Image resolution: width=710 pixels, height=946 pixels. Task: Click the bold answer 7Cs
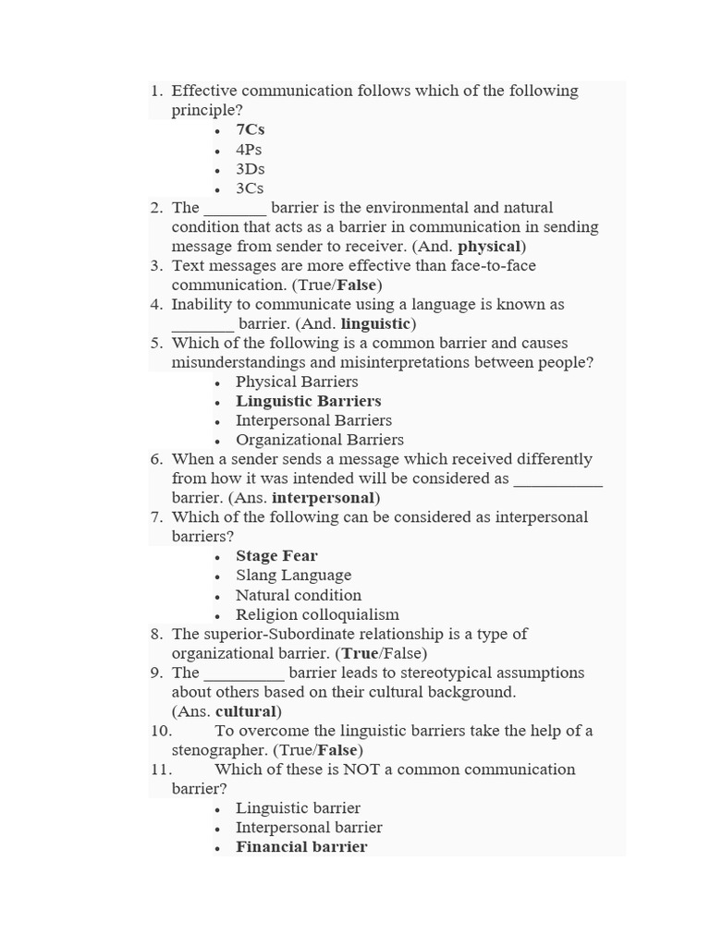(x=250, y=129)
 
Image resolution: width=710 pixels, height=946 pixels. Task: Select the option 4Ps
(x=250, y=149)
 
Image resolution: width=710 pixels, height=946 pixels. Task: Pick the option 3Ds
(x=250, y=168)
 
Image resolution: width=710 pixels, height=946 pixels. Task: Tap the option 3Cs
(x=250, y=188)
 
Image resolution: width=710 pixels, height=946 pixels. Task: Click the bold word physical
(x=489, y=247)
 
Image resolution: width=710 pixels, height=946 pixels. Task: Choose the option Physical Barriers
(x=297, y=382)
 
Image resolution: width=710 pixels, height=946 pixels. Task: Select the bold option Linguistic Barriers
(x=308, y=401)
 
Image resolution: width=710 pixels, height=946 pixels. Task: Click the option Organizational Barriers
(x=320, y=440)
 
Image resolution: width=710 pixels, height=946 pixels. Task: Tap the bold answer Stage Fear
(x=276, y=556)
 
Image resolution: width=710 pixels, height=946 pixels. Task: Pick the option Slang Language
(x=293, y=576)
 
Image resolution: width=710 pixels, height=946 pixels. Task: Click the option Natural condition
(x=299, y=595)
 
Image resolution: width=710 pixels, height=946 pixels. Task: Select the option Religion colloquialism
(x=317, y=614)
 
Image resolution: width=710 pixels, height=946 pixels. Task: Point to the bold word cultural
(x=246, y=711)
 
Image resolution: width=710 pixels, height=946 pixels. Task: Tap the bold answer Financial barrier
(x=301, y=847)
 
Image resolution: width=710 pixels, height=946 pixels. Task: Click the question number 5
(x=156, y=343)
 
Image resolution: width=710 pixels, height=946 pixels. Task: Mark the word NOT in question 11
(x=361, y=770)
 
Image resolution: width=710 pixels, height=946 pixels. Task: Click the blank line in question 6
(x=557, y=479)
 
